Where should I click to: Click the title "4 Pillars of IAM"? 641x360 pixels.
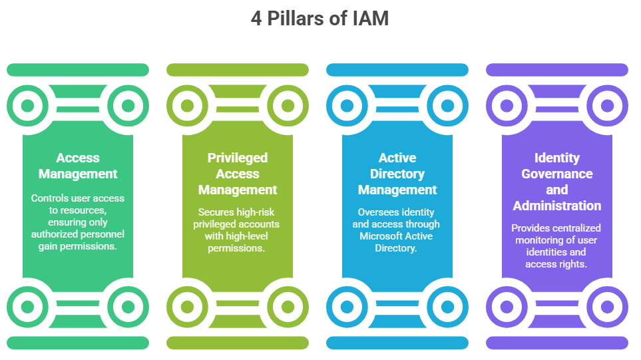pyautogui.click(x=320, y=19)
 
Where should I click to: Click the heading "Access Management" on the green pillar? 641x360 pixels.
pyautogui.click(x=78, y=166)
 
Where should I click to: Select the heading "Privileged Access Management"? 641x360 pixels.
pyautogui.click(x=238, y=174)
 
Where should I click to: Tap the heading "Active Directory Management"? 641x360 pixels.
pyautogui.click(x=397, y=174)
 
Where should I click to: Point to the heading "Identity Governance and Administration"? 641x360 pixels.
pyautogui.click(x=557, y=182)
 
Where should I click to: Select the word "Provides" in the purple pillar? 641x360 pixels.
pyautogui.click(x=531, y=228)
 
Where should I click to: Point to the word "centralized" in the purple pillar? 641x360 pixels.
pyautogui.click(x=577, y=228)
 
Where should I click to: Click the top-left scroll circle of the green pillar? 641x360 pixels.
pyautogui.click(x=27, y=105)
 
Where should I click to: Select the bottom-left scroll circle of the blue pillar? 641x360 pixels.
pyautogui.click(x=347, y=307)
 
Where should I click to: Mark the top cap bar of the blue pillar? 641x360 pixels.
pyautogui.click(x=397, y=70)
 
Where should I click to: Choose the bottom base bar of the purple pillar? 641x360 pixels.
pyautogui.click(x=557, y=343)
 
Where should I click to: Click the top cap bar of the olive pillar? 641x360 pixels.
pyautogui.click(x=238, y=70)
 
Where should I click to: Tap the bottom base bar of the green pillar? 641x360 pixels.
pyautogui.click(x=78, y=343)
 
